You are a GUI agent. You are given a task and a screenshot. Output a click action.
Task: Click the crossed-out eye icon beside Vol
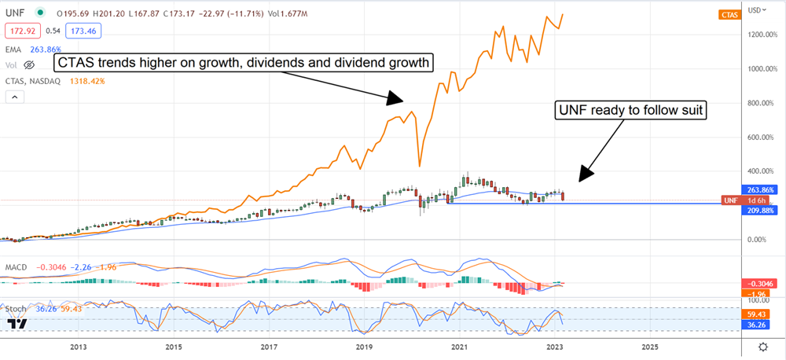31,64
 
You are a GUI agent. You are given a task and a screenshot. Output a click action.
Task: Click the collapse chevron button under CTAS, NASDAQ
14,97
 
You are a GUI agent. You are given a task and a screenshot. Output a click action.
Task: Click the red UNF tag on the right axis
730,200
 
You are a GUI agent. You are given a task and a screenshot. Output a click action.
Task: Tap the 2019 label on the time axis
363,346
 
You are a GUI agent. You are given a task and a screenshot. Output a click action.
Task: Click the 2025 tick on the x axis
650,346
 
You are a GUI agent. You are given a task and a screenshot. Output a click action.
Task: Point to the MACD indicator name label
16,267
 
